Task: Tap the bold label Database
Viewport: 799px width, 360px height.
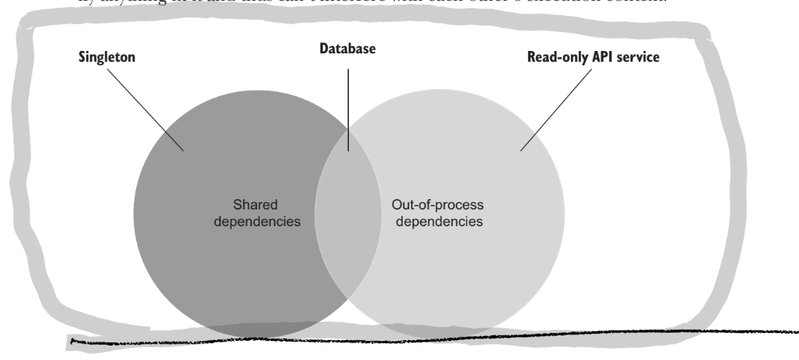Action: click(x=347, y=49)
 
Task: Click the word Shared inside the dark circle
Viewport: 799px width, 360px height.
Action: click(x=255, y=204)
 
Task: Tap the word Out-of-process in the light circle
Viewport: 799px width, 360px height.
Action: click(x=437, y=204)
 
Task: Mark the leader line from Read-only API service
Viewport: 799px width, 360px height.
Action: click(x=558, y=108)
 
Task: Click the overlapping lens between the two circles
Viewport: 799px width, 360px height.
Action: click(x=347, y=215)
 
